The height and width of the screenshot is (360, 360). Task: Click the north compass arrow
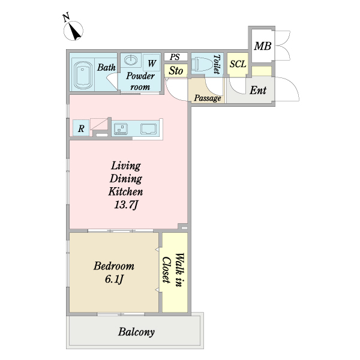pos(75,28)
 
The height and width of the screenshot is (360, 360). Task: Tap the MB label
pos(262,46)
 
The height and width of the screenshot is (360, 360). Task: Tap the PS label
pos(175,57)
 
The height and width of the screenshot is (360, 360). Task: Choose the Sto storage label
pos(176,70)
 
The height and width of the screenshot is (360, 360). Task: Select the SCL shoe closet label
pos(238,64)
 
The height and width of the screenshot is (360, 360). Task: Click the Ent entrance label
pos(258,91)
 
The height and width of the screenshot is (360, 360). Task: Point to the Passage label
pos(208,98)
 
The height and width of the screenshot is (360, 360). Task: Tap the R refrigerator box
pos(80,128)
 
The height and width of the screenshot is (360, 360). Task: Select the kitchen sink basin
pos(149,128)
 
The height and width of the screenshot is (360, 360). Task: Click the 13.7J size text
pos(126,205)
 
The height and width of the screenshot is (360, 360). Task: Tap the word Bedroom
pos(113,266)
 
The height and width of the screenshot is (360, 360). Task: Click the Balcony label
pos(136,332)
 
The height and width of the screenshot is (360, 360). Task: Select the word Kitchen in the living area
pos(125,192)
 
